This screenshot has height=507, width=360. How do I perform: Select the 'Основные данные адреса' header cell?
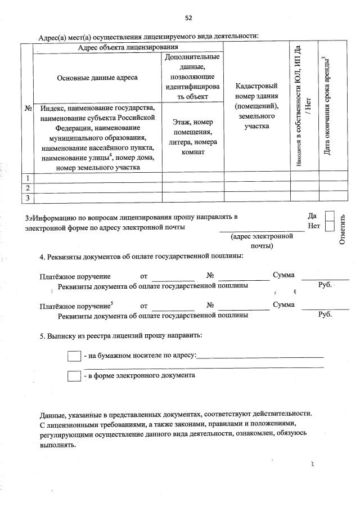click(97, 78)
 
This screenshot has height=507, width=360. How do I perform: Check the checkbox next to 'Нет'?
click(330, 226)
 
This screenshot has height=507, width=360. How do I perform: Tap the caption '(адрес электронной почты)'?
click(262, 241)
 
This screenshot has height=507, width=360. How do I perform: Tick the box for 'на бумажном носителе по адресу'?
click(74, 356)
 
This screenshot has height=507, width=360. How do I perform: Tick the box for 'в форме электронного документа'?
click(74, 376)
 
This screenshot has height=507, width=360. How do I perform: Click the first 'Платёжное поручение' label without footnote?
click(75, 276)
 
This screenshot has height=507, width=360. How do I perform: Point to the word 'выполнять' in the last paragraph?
click(57, 444)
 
